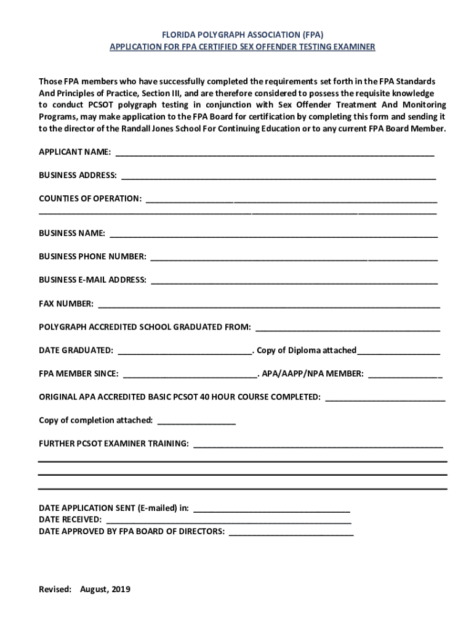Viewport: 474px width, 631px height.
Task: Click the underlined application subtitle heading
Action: pyautogui.click(x=242, y=47)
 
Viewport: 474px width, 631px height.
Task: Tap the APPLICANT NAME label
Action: pyautogui.click(x=74, y=152)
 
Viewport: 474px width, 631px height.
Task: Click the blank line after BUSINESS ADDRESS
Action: pyautogui.click(x=278, y=176)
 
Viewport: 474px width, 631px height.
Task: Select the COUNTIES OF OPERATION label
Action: pyautogui.click(x=90, y=198)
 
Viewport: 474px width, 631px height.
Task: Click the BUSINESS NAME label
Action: pyautogui.click(x=72, y=234)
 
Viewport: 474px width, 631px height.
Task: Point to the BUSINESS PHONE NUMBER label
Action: pyautogui.click(x=92, y=256)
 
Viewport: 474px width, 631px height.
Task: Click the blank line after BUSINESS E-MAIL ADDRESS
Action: pyautogui.click(x=294, y=281)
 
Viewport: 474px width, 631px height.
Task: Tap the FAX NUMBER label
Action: pyautogui.click(x=66, y=303)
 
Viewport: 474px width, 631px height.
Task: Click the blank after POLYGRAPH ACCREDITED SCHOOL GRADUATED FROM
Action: pyautogui.click(x=348, y=328)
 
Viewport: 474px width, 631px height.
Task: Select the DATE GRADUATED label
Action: pyautogui.click(x=76, y=351)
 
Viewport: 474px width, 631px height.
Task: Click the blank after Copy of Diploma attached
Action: pyautogui.click(x=398, y=352)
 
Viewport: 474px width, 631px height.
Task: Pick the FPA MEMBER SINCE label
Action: pyautogui.click(x=79, y=373)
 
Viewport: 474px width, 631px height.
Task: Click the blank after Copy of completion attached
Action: pyautogui.click(x=196, y=422)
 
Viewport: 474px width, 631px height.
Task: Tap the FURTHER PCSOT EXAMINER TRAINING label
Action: pyautogui.click(x=114, y=444)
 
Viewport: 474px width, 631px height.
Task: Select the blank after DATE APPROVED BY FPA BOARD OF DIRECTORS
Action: pyautogui.click(x=291, y=532)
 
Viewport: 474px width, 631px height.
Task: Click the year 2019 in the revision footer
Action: pyautogui.click(x=120, y=589)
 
